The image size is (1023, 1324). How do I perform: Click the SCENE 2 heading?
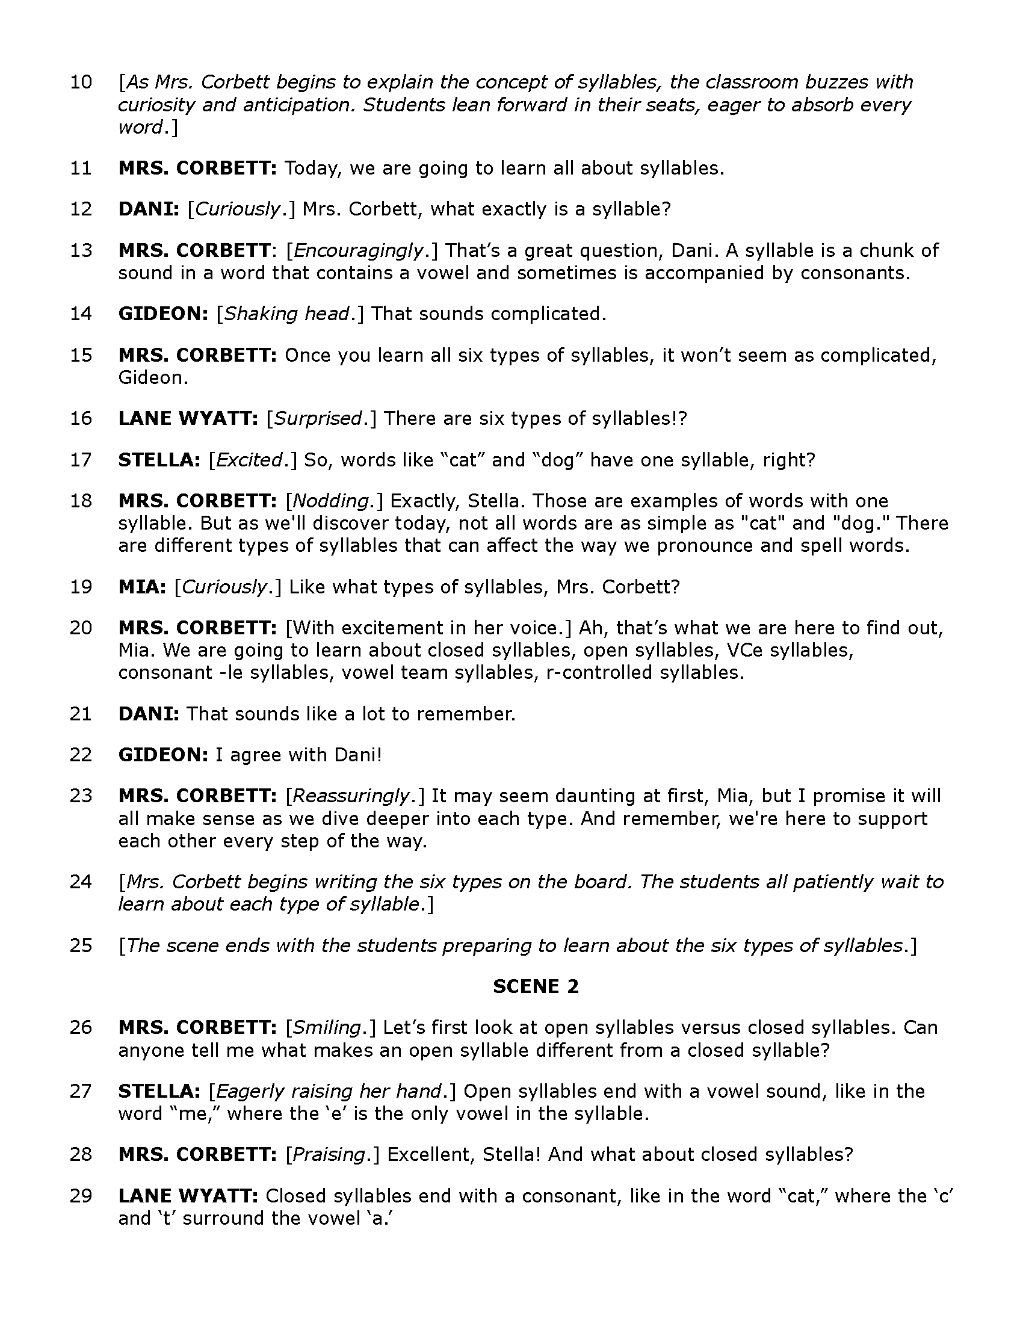(x=536, y=986)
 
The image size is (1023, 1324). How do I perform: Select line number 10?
(x=81, y=82)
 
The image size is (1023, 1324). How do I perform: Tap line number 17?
(x=81, y=460)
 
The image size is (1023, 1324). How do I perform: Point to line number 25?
(x=81, y=945)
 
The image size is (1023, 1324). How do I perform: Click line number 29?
(x=81, y=1196)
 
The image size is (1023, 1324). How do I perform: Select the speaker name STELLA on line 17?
(x=159, y=460)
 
